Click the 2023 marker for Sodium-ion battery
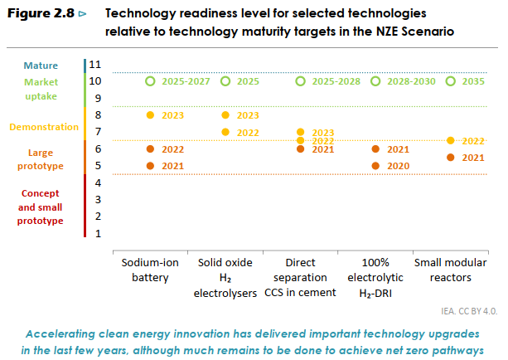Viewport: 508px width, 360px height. (x=150, y=115)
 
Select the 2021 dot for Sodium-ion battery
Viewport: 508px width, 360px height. (x=150, y=166)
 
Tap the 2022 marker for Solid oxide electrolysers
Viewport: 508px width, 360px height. (x=225, y=132)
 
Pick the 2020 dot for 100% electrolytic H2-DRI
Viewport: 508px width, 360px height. (x=375, y=166)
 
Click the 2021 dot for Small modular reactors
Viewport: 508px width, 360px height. (x=450, y=157)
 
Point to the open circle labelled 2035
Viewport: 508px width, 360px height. (x=450, y=81)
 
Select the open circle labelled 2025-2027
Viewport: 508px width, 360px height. (x=150, y=81)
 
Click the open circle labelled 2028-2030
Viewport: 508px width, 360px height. (x=375, y=81)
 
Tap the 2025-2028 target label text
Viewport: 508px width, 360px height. (x=336, y=81)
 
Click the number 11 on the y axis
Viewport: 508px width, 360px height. (x=94, y=65)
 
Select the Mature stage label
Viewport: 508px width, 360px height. (x=41, y=65)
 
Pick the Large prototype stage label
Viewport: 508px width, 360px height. (x=41, y=159)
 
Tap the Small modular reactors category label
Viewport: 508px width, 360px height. (x=450, y=270)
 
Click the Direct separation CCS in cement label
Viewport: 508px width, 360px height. (x=300, y=277)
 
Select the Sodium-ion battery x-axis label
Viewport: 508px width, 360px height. (x=150, y=270)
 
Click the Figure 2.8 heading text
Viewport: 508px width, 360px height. (x=41, y=15)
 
